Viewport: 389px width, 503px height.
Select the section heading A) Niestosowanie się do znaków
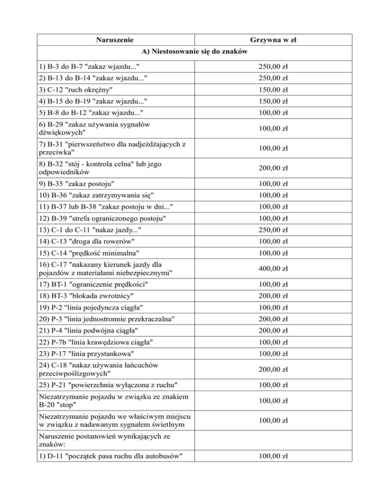pos(194,52)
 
